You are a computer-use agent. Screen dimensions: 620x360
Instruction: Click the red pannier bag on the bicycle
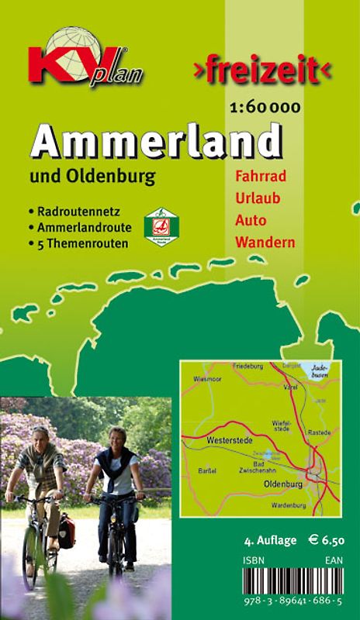click(x=67, y=533)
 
